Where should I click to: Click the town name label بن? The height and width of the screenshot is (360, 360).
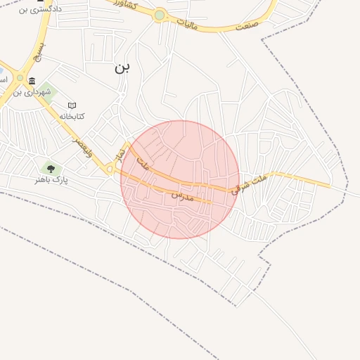(x=122, y=67)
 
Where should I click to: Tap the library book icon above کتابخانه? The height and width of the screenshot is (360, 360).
(x=72, y=105)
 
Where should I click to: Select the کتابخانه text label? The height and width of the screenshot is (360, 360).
(x=72, y=115)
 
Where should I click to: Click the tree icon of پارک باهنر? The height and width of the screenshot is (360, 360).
(x=49, y=168)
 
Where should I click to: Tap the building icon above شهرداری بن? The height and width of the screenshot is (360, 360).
(x=32, y=82)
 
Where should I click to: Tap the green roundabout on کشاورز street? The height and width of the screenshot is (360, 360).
(x=160, y=15)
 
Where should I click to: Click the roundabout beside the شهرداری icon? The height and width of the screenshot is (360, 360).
(x=20, y=79)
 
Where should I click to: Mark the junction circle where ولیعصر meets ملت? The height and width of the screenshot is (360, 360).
(x=110, y=169)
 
